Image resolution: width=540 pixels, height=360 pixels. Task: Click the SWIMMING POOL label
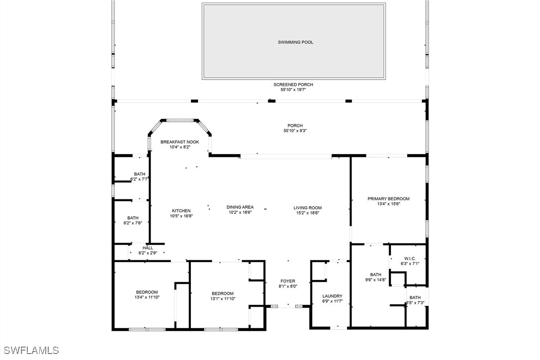point(295,43)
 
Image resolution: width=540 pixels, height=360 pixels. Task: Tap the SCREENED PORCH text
point(293,85)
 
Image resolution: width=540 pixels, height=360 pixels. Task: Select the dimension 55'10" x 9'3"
point(295,131)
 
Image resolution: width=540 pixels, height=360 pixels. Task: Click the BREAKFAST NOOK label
point(180,142)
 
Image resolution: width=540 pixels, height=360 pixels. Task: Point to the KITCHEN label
point(181,211)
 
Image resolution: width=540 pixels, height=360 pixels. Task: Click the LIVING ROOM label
point(307,208)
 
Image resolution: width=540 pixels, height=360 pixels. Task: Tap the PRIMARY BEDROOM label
point(388,199)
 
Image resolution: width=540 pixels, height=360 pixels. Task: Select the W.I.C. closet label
point(410,258)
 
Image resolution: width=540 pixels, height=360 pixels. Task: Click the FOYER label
point(287,281)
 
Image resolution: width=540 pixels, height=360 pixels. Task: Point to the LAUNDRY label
point(332,296)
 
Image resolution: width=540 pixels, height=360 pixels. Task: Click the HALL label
point(148,248)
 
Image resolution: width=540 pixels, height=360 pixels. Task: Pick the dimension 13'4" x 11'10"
point(147,297)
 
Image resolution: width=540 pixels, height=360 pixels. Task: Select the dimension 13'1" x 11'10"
point(222,299)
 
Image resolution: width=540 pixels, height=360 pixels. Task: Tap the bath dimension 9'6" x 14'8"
point(375,280)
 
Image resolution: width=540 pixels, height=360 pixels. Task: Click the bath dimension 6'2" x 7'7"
point(140,179)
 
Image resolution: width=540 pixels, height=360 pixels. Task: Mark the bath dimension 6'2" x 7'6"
point(133,223)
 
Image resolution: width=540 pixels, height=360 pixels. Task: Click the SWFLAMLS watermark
point(30,351)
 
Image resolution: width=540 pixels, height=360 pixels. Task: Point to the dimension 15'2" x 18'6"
point(307,213)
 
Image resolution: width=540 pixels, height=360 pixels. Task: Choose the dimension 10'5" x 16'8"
point(181,216)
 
